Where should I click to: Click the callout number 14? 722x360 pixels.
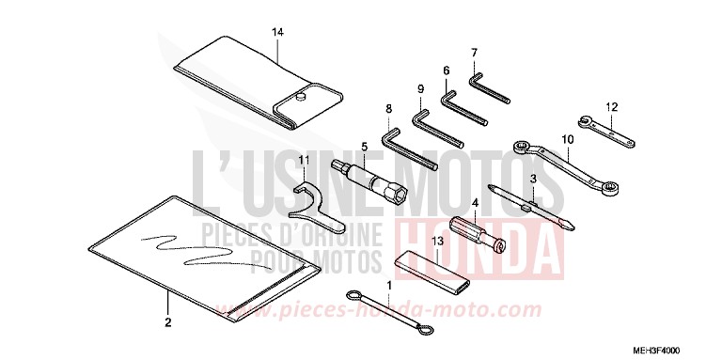277,33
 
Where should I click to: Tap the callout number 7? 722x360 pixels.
475,53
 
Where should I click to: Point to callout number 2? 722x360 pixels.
167,323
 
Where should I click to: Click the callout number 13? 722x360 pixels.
436,242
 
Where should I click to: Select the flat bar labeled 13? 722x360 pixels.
435,271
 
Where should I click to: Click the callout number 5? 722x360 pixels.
364,148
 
